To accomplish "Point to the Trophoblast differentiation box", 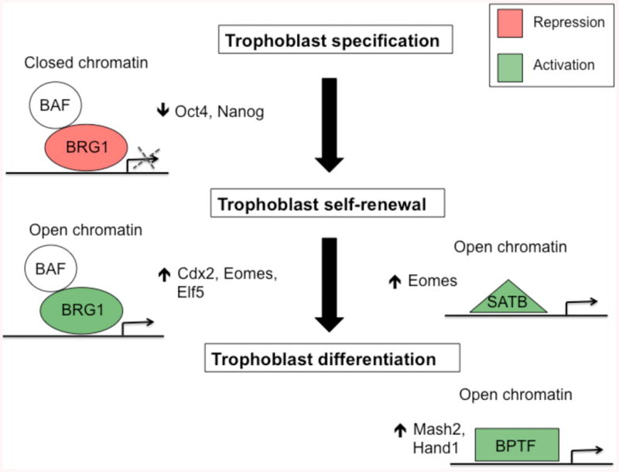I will coord(333,360).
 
